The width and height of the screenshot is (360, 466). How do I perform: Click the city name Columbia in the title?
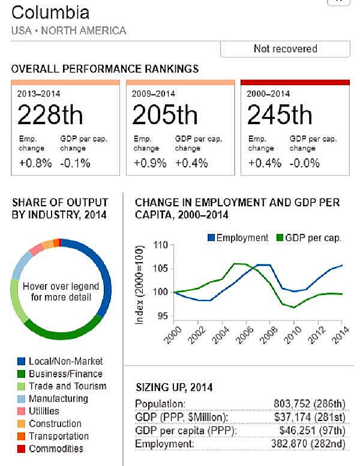click(50, 13)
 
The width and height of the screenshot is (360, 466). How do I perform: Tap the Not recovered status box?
click(285, 49)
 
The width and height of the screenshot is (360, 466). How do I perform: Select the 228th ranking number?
click(50, 115)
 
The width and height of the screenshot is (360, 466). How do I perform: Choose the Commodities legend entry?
click(56, 449)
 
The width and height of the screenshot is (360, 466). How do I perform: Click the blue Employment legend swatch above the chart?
click(211, 238)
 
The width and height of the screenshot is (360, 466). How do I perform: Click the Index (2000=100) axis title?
click(140, 284)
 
